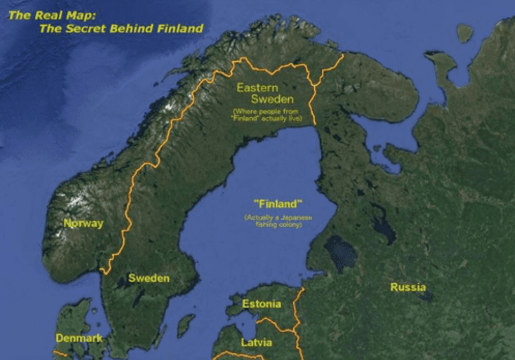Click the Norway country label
point(84,223)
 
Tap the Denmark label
point(79,338)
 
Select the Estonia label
point(261,304)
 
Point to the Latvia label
point(256,342)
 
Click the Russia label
point(408,287)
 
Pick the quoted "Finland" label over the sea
point(277,204)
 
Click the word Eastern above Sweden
point(257,87)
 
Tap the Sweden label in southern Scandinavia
point(148,278)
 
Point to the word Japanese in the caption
point(294,218)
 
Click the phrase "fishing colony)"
point(278,225)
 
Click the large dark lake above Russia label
point(340,252)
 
